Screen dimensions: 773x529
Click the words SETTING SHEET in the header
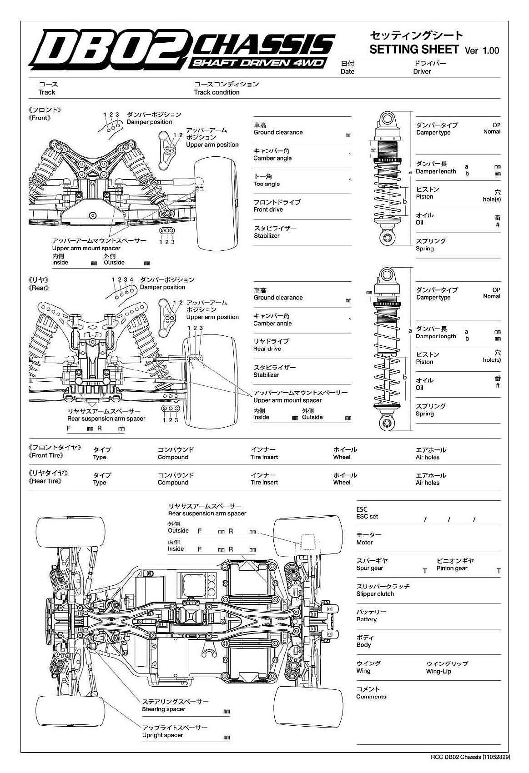[414, 49]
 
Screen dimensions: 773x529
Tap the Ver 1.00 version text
[482, 50]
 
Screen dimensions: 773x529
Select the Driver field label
[422, 71]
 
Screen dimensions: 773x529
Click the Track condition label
[217, 92]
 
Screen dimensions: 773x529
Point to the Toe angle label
[267, 184]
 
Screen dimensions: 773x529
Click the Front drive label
[268, 209]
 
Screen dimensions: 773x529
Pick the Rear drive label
[267, 349]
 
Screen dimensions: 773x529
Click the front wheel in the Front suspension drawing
[216, 204]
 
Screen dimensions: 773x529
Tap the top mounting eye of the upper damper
[387, 119]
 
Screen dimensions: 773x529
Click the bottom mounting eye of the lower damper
[387, 424]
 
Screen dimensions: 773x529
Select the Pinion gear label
[452, 568]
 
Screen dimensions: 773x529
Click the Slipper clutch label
[375, 594]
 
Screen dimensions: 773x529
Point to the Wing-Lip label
[438, 671]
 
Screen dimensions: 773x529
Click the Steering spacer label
[163, 709]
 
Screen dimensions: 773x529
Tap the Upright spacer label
[162, 735]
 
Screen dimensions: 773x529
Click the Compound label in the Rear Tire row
[173, 483]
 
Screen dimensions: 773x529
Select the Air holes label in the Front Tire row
[428, 457]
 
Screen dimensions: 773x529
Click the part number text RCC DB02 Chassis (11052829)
[470, 757]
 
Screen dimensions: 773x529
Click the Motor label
[364, 543]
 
